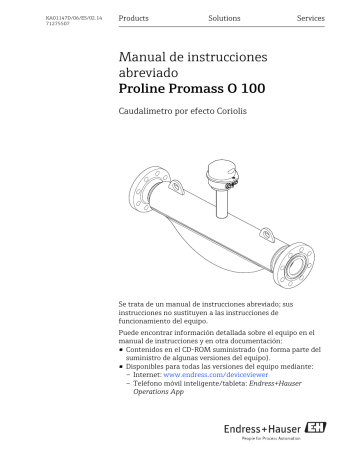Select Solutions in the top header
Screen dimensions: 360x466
pyautogui.click(x=224, y=19)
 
